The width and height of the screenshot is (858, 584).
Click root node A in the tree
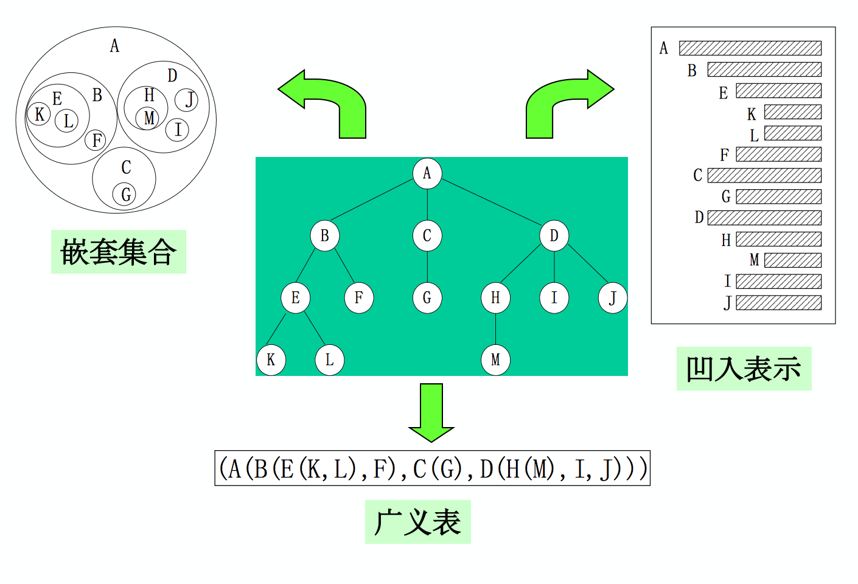(x=427, y=173)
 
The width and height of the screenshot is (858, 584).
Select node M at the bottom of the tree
(x=495, y=360)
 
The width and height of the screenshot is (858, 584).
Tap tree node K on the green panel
(x=271, y=360)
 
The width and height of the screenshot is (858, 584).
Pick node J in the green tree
(x=612, y=298)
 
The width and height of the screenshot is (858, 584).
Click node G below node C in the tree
(x=427, y=298)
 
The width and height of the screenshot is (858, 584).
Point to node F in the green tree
(x=359, y=298)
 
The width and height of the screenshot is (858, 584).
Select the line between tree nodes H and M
(x=495, y=329)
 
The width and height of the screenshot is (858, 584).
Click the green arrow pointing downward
(x=431, y=411)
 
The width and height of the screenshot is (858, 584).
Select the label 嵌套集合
(x=118, y=252)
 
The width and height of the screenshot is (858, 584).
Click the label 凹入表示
(x=744, y=369)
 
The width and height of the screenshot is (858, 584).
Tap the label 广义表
(x=417, y=522)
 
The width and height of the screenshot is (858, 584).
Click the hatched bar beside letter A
(x=750, y=48)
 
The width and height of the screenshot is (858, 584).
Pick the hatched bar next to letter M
(x=792, y=260)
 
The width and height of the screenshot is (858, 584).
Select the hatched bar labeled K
(x=792, y=112)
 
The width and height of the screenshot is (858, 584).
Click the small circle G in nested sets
(x=125, y=195)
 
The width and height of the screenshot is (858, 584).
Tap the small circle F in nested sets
(x=96, y=141)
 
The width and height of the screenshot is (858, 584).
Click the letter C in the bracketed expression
(x=420, y=469)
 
